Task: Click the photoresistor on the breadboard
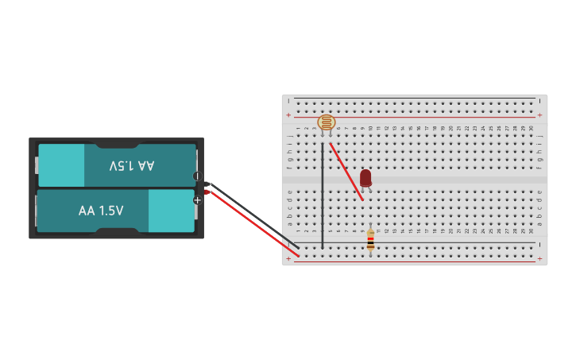tap(326, 122)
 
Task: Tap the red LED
tap(365, 178)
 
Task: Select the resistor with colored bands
tap(370, 240)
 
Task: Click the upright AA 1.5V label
tap(101, 211)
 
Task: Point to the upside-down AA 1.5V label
tap(132, 165)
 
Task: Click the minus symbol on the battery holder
tap(197, 176)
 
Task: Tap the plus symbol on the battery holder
tap(197, 200)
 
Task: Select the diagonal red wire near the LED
tap(346, 171)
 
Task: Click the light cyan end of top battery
tap(62, 165)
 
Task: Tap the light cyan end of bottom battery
tap(171, 211)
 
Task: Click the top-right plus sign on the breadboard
tap(539, 115)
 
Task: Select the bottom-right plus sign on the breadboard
tap(539, 259)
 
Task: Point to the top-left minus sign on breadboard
tap(289, 102)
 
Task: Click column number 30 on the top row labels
tap(532, 128)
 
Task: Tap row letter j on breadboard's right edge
tap(539, 136)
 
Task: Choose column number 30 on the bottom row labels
tap(532, 231)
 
